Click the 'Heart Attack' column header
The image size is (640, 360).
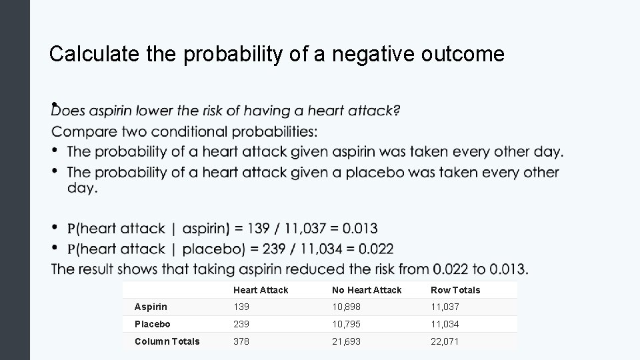tap(261, 290)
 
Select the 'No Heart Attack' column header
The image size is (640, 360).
tap(367, 290)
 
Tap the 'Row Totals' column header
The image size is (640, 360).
tap(455, 290)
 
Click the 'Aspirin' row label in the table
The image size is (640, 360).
tap(151, 307)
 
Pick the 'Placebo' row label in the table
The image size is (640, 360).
tap(152, 324)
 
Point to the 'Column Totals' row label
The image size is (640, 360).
tap(167, 341)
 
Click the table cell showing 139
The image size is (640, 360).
tap(241, 307)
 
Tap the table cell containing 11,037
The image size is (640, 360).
tap(445, 307)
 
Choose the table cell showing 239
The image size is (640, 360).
tap(241, 324)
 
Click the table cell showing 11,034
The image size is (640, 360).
tap(445, 324)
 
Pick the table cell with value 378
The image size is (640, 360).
tap(241, 341)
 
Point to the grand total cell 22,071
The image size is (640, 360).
tap(445, 341)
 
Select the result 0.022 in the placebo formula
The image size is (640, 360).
tap(372, 249)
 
